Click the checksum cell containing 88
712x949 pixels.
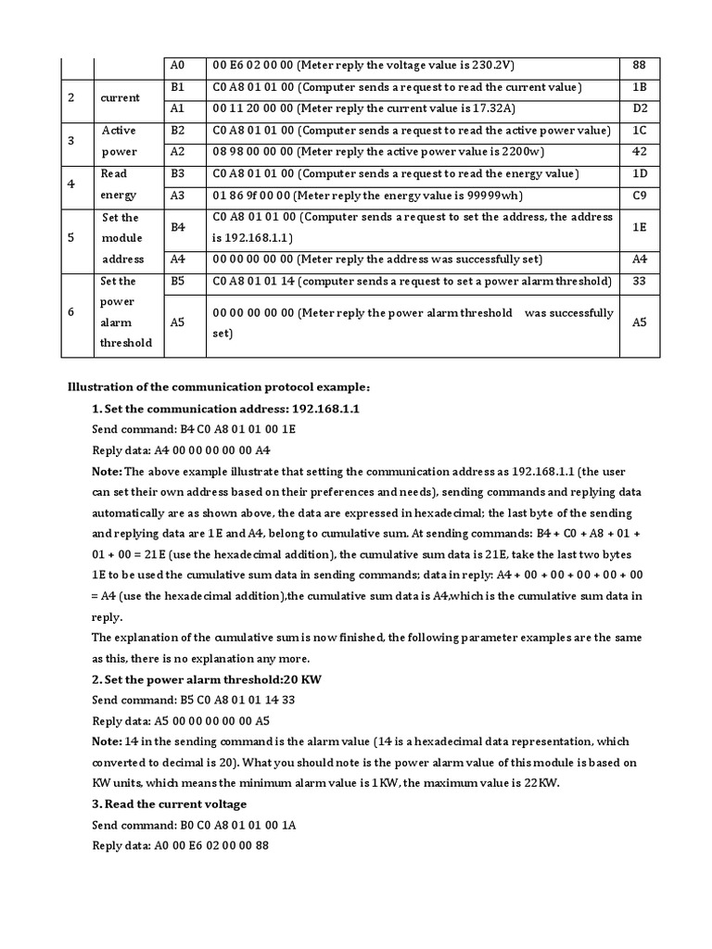pos(639,65)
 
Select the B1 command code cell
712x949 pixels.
pos(179,87)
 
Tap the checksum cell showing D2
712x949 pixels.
pos(639,108)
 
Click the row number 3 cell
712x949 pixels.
pos(71,141)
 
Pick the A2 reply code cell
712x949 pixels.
pos(179,152)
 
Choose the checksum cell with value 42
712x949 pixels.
pos(639,152)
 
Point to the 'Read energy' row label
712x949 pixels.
pos(117,183)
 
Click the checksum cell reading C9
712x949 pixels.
pos(639,195)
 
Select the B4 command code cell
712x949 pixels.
pos(179,226)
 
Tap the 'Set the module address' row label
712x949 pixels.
pos(121,238)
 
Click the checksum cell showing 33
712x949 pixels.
pos(639,281)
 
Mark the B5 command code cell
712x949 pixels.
pos(179,281)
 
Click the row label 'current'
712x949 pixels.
pos(121,97)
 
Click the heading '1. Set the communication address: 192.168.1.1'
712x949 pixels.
pos(225,409)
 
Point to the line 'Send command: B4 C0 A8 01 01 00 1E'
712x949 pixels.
pos(194,430)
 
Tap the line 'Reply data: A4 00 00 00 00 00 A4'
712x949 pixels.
pos(181,451)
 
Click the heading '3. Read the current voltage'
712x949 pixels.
pos(169,803)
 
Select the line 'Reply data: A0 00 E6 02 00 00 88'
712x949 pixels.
pos(181,846)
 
